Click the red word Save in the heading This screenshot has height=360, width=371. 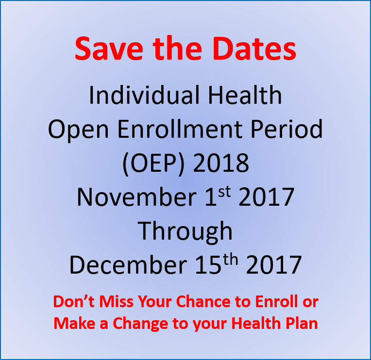pyautogui.click(x=109, y=49)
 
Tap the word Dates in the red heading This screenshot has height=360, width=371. pyautogui.click(x=254, y=49)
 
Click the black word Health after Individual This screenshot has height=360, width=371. pyautogui.click(x=245, y=95)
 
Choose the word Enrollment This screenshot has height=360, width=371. pyautogui.click(x=180, y=129)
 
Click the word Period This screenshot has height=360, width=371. pyautogui.click(x=287, y=129)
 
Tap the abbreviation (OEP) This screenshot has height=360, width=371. pyautogui.click(x=153, y=164)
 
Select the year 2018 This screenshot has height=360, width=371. pyautogui.click(x=221, y=163)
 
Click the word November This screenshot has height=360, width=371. pyautogui.click(x=136, y=197)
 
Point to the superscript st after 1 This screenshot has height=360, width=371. pyautogui.click(x=224, y=192)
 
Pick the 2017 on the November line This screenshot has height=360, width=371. pyautogui.click(x=267, y=196)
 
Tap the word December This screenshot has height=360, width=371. pyautogui.click(x=128, y=265)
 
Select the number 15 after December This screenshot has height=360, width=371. pyautogui.click(x=208, y=265)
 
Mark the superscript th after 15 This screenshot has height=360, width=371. pyautogui.click(x=231, y=260)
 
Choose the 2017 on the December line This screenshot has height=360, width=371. pyautogui.click(x=274, y=265)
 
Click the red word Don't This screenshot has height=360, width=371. pyautogui.click(x=74, y=301)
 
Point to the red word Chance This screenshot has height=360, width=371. pyautogui.click(x=203, y=301)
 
